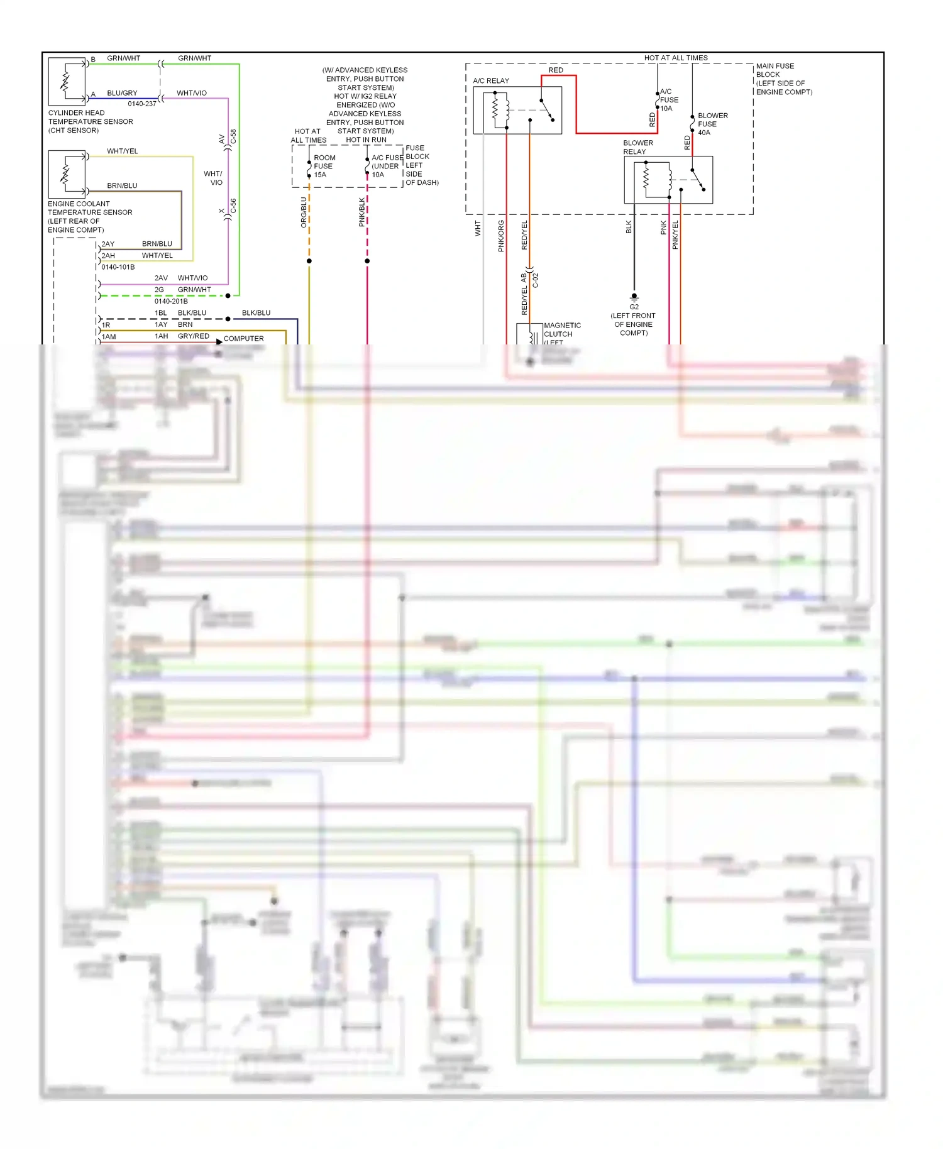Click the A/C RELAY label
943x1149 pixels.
point(491,80)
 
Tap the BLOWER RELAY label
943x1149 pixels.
point(637,147)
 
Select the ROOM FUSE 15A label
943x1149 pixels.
point(324,166)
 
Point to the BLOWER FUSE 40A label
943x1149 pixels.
point(712,124)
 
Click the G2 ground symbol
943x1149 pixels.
point(634,297)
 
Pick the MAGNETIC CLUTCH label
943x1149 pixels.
point(561,330)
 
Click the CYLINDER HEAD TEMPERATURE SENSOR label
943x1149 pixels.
point(91,121)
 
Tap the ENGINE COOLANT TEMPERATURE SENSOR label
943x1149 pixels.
point(90,216)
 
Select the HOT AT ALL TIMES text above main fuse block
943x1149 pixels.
point(676,58)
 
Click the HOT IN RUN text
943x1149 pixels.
point(366,140)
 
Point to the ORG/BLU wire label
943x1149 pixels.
point(304,212)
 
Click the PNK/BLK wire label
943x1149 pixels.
point(361,212)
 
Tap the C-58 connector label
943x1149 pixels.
point(233,137)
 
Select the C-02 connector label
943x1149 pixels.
point(536,280)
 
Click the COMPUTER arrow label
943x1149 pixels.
point(243,338)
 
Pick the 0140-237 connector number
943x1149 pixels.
point(141,104)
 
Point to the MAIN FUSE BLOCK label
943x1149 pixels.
point(783,79)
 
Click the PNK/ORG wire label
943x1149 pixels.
point(501,236)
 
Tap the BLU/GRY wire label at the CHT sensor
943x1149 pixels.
point(122,93)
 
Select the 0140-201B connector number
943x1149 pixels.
point(171,301)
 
